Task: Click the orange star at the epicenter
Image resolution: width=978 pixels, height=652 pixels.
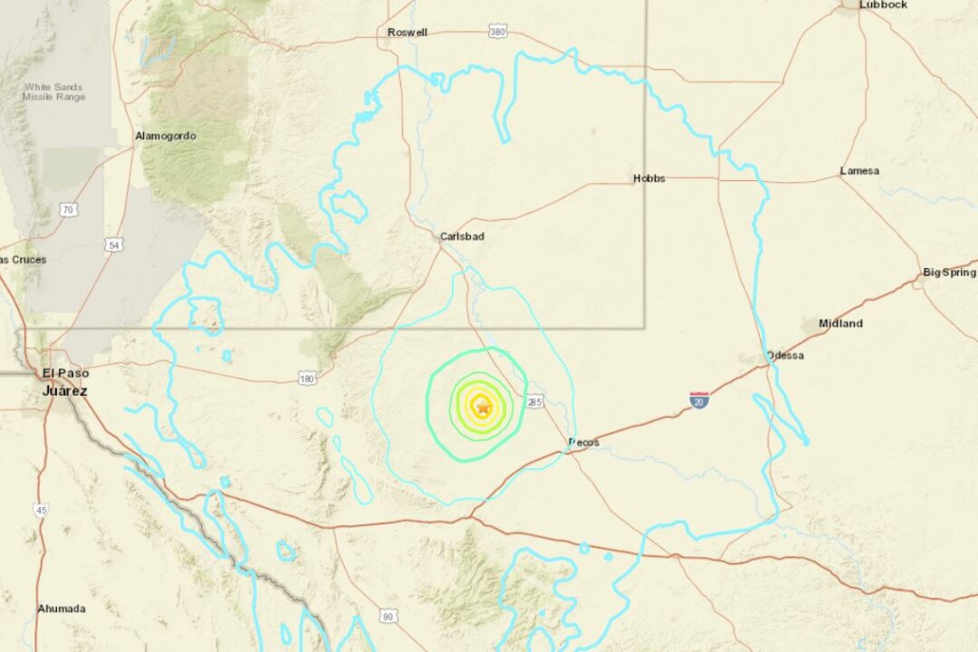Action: click(483, 407)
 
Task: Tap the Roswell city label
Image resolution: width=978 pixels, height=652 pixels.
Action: click(407, 33)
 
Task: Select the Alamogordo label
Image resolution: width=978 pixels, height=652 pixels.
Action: click(165, 136)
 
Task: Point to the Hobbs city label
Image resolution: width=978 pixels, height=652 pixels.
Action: click(648, 178)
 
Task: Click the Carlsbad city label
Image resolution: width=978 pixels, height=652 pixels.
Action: click(462, 236)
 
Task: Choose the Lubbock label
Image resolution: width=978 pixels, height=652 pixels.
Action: click(883, 5)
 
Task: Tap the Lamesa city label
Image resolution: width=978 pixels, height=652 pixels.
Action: click(858, 170)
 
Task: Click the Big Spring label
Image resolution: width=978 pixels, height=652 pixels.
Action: click(949, 272)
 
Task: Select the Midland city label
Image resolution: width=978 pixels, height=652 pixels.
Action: click(840, 323)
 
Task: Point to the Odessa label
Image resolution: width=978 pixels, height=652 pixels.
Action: click(784, 355)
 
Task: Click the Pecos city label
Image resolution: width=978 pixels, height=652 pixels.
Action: click(583, 442)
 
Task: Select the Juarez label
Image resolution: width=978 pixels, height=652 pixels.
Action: click(64, 390)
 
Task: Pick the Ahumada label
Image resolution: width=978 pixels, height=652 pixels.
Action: click(61, 609)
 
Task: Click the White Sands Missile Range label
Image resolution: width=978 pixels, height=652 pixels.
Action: click(54, 91)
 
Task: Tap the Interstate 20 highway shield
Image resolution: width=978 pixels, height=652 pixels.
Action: click(698, 399)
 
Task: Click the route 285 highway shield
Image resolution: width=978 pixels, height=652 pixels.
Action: click(533, 401)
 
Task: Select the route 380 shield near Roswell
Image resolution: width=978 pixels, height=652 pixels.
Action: click(496, 31)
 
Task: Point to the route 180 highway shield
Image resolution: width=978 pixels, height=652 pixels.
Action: click(307, 377)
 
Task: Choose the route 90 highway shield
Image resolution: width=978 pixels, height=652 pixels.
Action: click(388, 616)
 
